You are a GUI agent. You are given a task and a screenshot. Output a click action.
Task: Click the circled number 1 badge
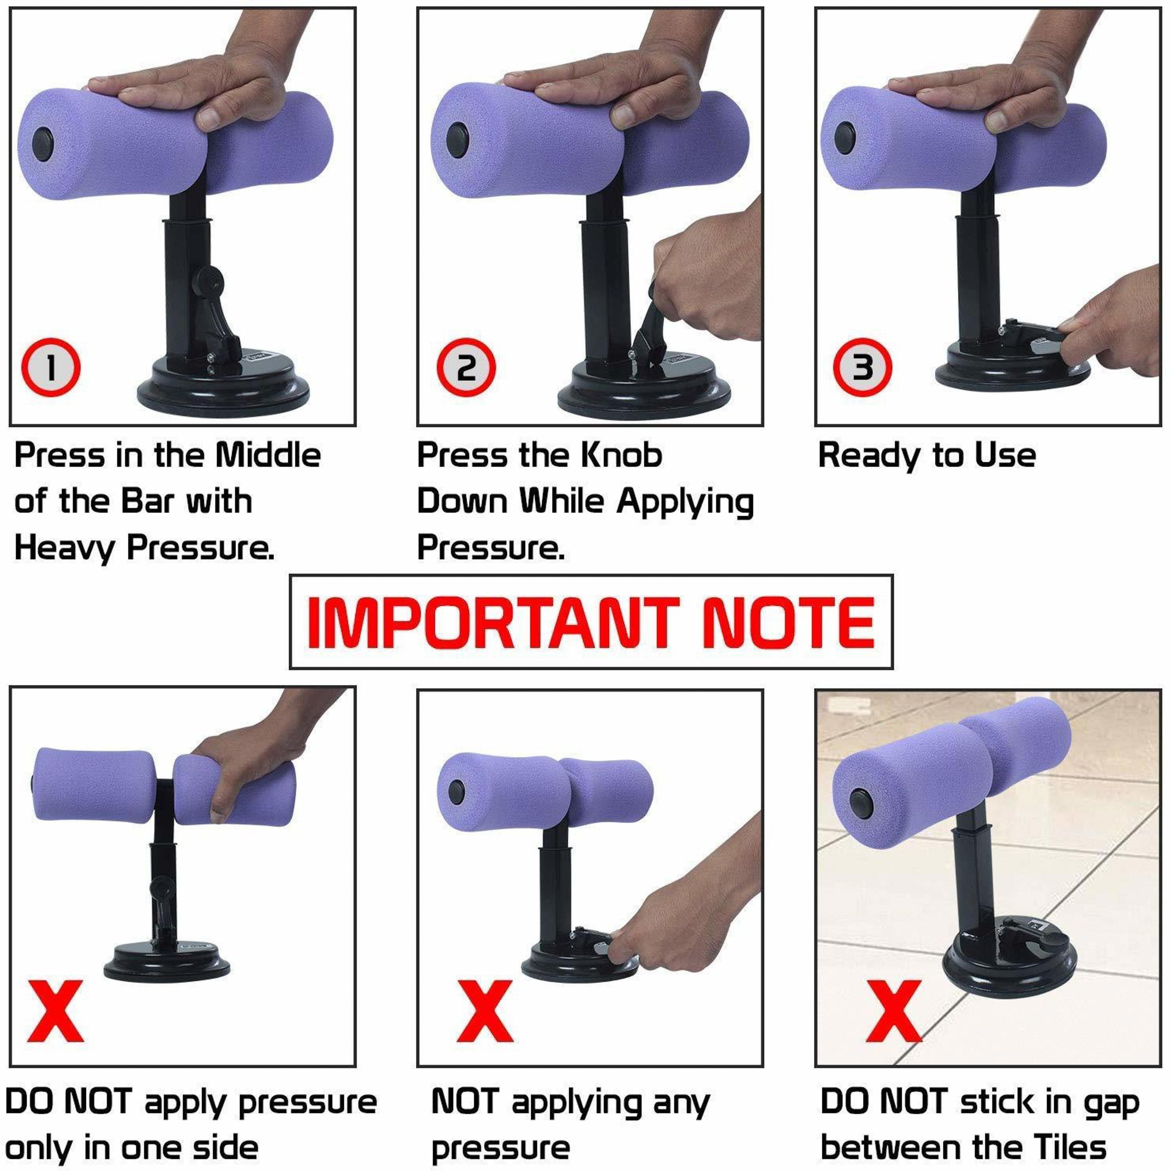(x=51, y=367)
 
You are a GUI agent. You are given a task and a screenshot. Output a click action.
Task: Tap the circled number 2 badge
(x=466, y=367)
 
